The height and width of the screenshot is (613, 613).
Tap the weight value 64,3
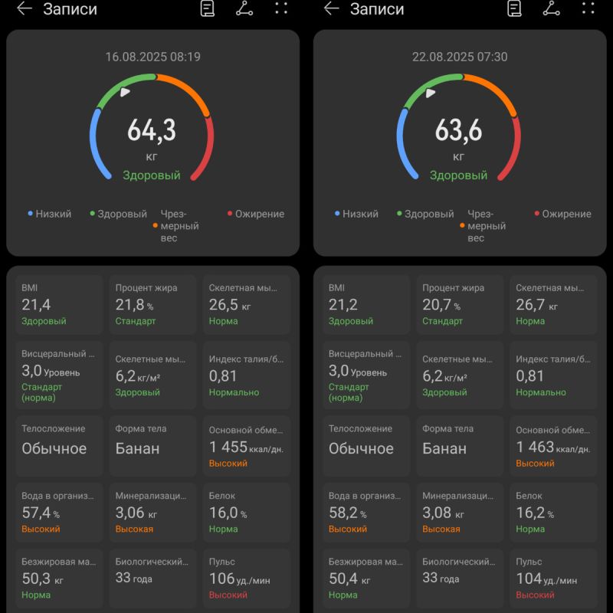click(x=152, y=131)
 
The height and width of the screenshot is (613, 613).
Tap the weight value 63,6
click(x=458, y=131)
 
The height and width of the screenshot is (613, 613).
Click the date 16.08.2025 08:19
click(x=152, y=57)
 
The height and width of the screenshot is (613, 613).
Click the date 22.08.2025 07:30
click(x=459, y=57)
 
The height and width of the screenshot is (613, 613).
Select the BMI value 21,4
click(x=36, y=305)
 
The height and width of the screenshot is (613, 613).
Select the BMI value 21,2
click(x=343, y=305)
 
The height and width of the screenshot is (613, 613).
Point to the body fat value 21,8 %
click(x=134, y=305)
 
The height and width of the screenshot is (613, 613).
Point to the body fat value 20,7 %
click(x=441, y=305)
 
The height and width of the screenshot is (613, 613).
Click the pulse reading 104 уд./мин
click(x=546, y=579)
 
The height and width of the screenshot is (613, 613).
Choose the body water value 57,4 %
click(x=40, y=513)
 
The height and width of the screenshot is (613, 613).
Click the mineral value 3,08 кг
click(x=444, y=513)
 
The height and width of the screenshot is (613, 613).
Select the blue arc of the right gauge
click(x=402, y=146)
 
